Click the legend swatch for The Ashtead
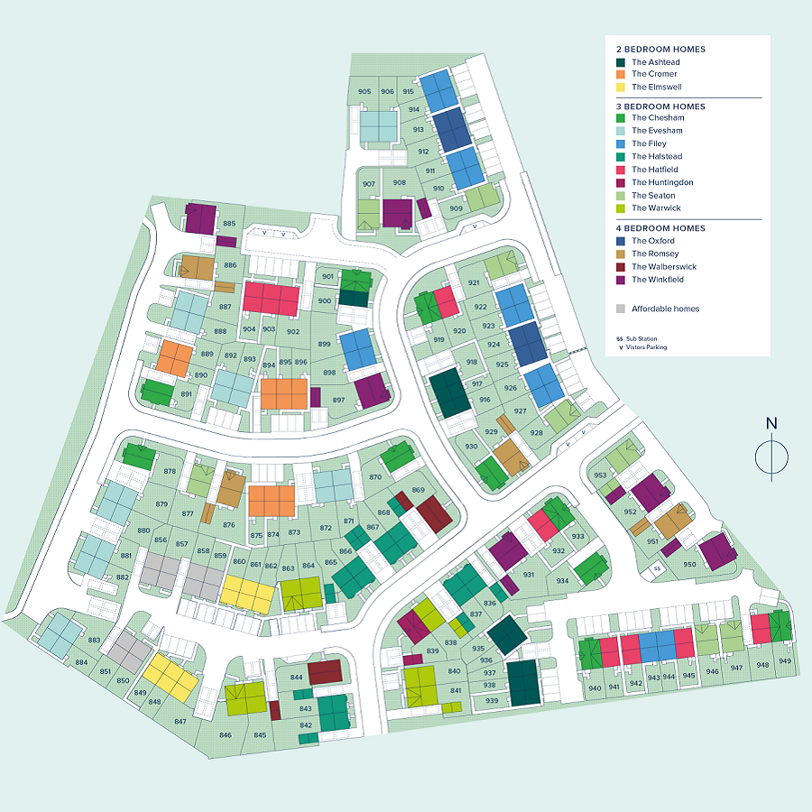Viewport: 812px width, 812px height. coord(621,61)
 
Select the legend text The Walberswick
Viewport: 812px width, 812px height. coord(664,267)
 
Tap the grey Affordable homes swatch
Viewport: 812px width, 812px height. coord(621,309)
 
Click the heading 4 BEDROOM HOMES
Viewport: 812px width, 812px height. coord(660,228)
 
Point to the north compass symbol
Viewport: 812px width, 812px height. coord(770,455)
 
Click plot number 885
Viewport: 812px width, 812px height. coord(229,224)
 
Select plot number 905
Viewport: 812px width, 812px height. coord(364,92)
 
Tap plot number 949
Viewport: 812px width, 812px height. coord(785,661)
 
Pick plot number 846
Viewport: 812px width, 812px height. coord(226,735)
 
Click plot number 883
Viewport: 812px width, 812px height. coord(94,641)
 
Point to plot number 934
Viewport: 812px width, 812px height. coord(563,581)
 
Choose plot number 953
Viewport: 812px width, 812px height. coord(600,475)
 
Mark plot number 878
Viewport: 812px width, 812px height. coord(170,472)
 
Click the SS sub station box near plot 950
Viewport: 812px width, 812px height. coord(658,568)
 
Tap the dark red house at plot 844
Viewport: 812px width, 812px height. coord(325,672)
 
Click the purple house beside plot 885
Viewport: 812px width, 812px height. coord(200,218)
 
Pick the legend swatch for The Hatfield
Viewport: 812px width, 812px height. coord(621,170)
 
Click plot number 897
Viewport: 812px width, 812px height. coord(338,400)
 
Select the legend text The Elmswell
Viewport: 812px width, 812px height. coord(656,87)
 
